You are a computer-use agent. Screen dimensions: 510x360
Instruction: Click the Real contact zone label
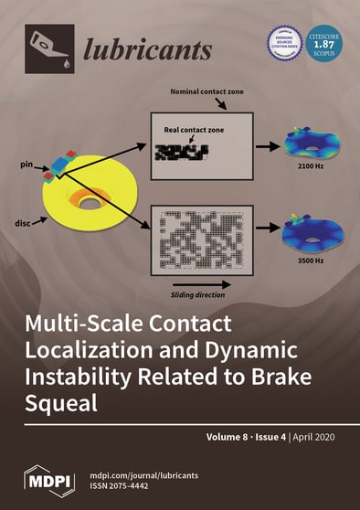[x=197, y=131]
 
